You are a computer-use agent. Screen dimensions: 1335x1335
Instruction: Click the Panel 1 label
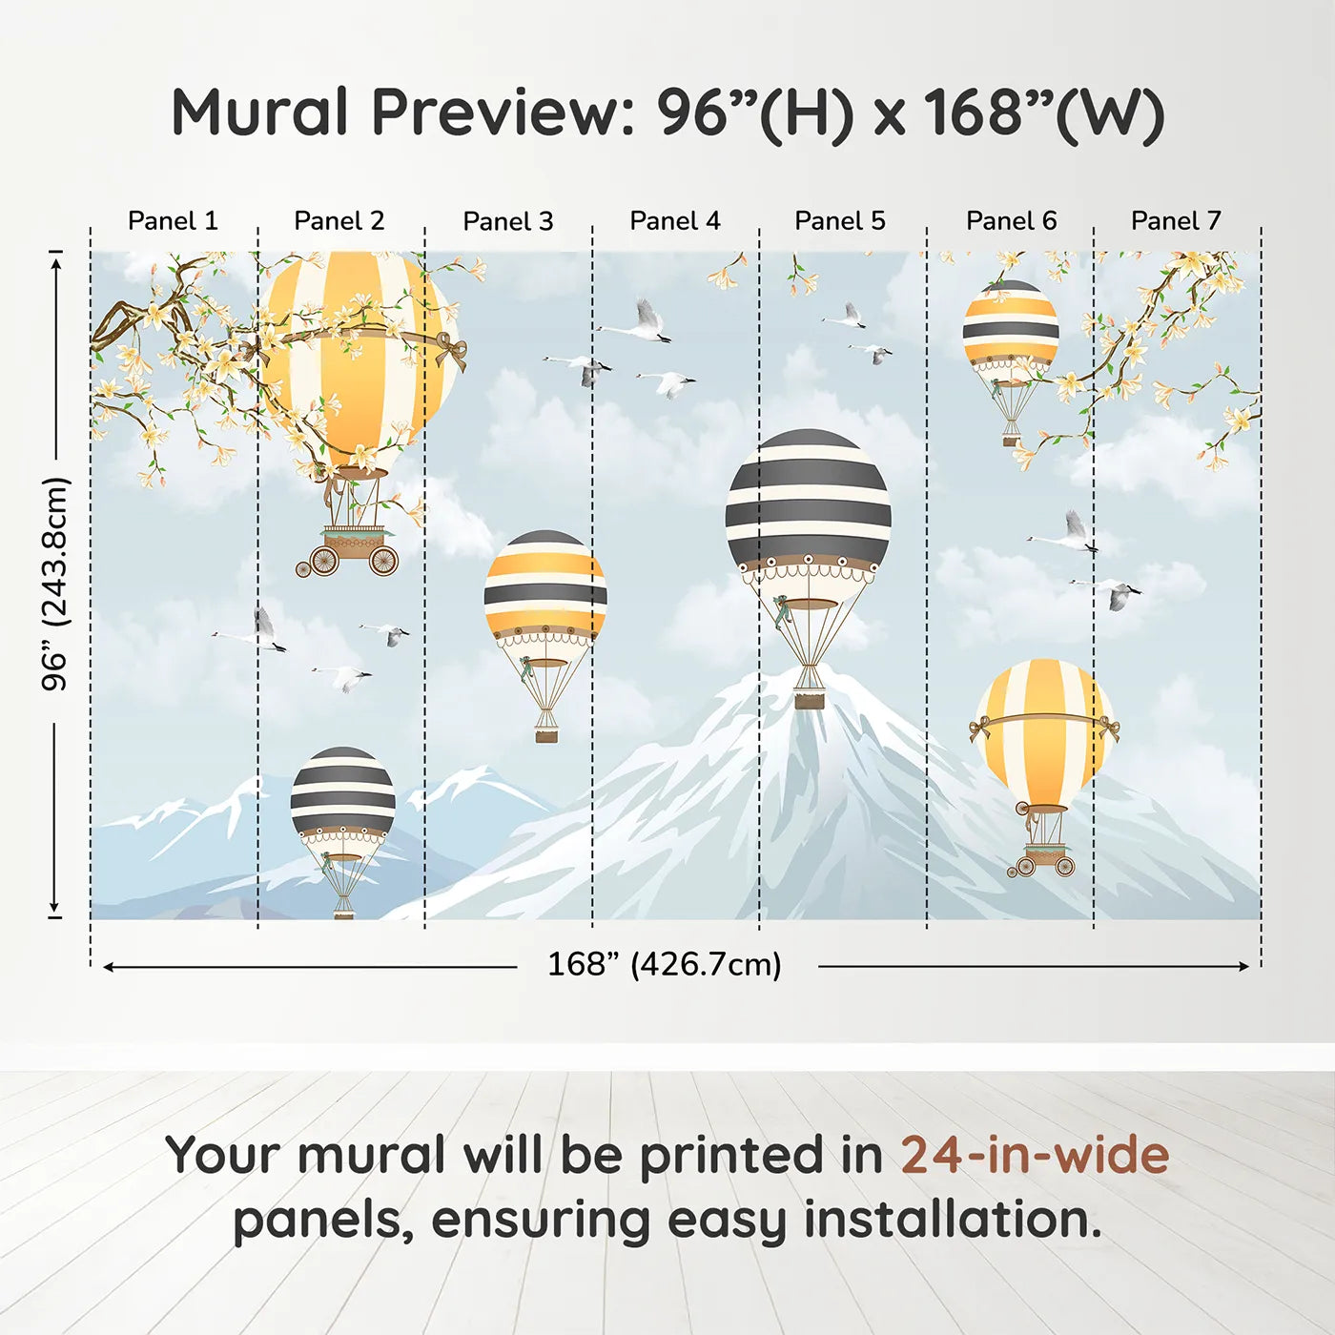click(173, 221)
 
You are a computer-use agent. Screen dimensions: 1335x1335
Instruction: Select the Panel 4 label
click(675, 221)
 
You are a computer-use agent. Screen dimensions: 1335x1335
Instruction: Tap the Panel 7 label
click(1176, 221)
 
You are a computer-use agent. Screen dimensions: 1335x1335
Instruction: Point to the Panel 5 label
click(840, 221)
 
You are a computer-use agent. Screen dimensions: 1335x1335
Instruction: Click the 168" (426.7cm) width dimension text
click(665, 965)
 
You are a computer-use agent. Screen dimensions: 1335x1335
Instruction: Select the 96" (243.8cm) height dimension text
click(55, 584)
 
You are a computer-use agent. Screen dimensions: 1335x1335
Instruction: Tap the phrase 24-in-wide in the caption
click(1035, 1155)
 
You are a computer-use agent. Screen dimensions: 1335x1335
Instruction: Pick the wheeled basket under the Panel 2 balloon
click(353, 551)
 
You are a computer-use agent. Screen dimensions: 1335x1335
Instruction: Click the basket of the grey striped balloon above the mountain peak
click(810, 699)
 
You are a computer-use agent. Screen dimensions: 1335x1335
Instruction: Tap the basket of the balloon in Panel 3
click(546, 734)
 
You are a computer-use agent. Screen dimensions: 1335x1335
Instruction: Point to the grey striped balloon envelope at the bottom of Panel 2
click(343, 791)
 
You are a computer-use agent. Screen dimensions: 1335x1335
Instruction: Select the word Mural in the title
click(260, 113)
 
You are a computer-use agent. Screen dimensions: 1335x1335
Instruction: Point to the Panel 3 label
click(507, 221)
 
